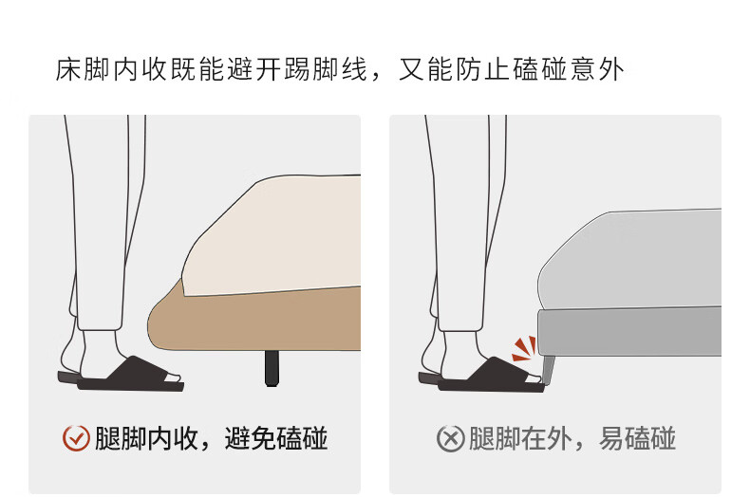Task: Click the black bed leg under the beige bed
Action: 272,368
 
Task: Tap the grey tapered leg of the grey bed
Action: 548,369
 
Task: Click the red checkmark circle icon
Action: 76,438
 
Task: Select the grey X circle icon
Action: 451,438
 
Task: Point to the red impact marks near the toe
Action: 524,348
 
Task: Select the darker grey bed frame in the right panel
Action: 629,332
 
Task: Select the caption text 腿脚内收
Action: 146,438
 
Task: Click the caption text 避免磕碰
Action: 276,438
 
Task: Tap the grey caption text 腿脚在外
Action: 520,438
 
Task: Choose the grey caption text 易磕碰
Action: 637,438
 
